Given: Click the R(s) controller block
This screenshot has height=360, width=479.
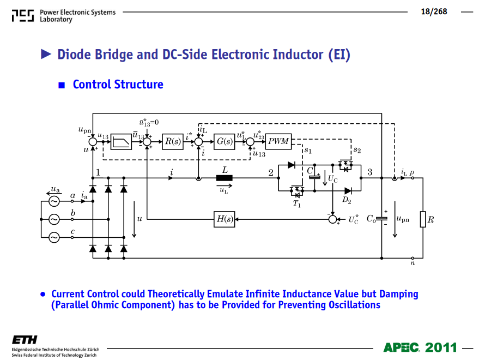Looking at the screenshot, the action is pos(173,142).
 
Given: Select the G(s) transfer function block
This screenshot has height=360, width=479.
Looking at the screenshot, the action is pos(224,142).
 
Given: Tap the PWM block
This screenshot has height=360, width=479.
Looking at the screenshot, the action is pos(278,142).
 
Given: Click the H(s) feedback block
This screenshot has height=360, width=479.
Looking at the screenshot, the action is pos(224,219).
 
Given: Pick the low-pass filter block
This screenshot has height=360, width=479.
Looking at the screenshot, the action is pos(121,142).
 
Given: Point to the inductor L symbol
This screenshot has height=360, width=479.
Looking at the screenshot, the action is pos(224,178).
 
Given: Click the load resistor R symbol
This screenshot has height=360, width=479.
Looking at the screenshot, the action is pos(423,219).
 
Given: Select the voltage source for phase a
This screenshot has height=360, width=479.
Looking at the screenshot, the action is pos(54,201).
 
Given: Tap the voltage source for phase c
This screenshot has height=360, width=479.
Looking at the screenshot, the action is pos(54,237).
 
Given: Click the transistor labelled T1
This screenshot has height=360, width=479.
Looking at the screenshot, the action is pos(296,191).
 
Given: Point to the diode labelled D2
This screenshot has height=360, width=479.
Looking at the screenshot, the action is pos(348,191).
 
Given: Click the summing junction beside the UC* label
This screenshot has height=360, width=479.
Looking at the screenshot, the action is pos(332,219).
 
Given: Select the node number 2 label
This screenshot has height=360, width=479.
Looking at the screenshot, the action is pos(271,173).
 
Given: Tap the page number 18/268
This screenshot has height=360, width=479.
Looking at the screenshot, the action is pos(434,11).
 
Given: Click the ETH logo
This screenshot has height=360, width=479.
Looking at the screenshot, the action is pos(25,340).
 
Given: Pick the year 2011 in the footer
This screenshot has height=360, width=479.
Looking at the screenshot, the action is pos(441,347).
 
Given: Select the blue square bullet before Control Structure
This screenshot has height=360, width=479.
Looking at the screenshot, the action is pos(62,85).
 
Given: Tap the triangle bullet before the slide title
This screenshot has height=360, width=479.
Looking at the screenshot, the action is pos(46,54).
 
